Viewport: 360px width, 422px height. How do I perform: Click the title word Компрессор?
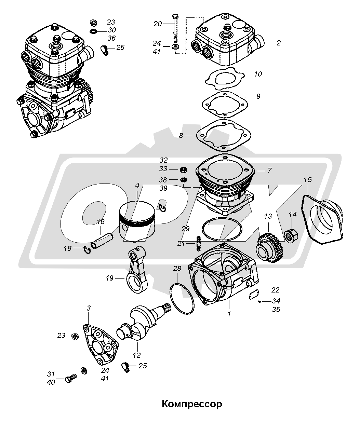click(192, 404)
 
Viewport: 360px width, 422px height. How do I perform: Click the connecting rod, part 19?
click(137, 270)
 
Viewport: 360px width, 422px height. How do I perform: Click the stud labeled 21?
click(198, 243)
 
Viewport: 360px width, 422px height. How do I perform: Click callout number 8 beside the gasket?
click(181, 135)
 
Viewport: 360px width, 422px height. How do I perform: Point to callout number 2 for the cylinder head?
click(278, 43)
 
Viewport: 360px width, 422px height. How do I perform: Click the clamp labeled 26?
click(105, 50)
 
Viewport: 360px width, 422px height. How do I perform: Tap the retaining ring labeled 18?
click(88, 250)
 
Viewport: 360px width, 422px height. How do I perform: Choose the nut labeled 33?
click(184, 169)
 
